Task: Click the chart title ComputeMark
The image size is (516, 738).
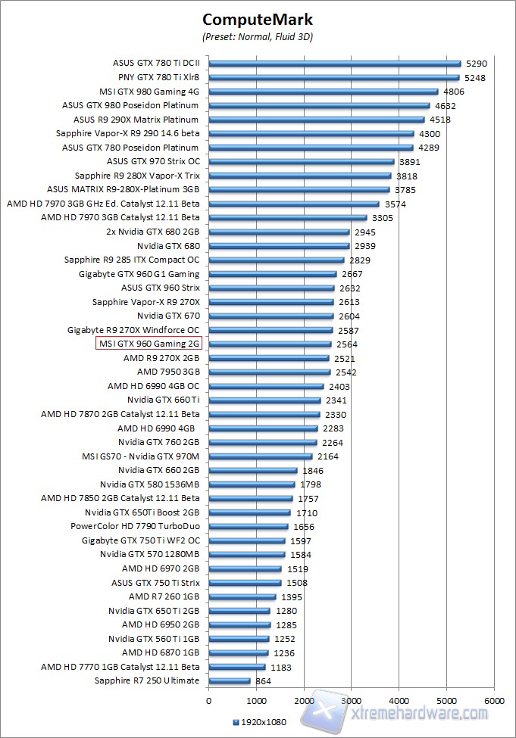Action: (x=258, y=20)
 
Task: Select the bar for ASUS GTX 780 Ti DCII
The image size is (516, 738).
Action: (x=334, y=63)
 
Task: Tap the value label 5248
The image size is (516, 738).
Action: (x=475, y=77)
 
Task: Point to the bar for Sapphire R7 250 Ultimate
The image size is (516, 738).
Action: (x=229, y=680)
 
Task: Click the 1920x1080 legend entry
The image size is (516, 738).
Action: (x=261, y=722)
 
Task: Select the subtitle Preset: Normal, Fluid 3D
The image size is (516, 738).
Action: (x=258, y=36)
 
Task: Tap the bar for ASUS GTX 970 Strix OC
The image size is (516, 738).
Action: (x=301, y=161)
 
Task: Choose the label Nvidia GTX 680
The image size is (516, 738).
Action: (x=168, y=246)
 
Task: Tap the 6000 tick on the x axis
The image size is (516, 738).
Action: (x=494, y=700)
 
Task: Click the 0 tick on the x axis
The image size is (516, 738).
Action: (x=208, y=700)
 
